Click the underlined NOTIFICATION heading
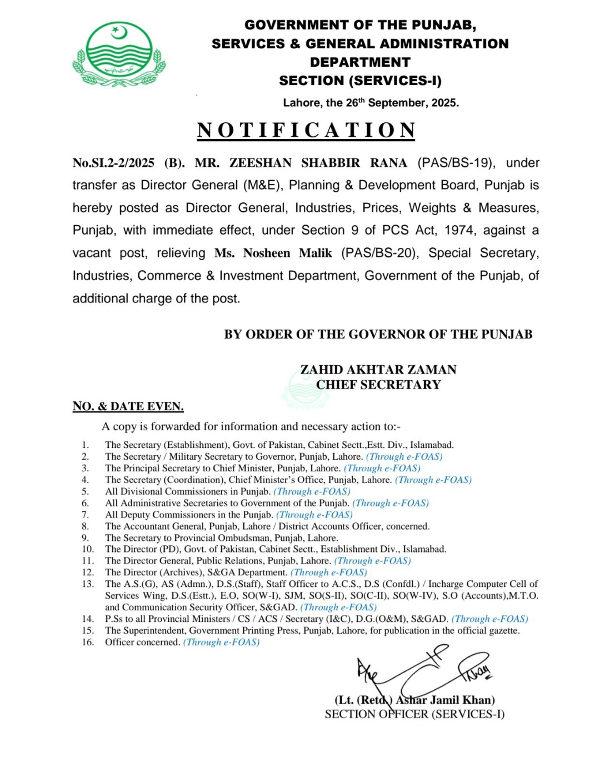click(x=306, y=130)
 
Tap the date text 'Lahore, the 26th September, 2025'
click(x=371, y=103)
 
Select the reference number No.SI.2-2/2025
click(x=113, y=163)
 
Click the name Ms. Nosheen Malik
click(x=273, y=253)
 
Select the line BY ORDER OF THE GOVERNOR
click(x=378, y=334)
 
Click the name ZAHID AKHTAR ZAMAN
click(x=378, y=370)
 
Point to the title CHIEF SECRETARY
click(x=378, y=385)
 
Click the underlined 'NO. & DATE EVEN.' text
click(x=128, y=406)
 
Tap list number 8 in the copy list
click(x=85, y=526)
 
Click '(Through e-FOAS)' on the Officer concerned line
click(x=221, y=642)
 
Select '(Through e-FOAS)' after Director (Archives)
click(x=328, y=572)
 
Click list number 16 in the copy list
click(x=87, y=642)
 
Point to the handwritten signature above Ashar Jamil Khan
click(x=422, y=673)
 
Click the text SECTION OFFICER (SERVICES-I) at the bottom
click(x=414, y=714)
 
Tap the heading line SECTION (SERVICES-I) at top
click(x=360, y=81)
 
